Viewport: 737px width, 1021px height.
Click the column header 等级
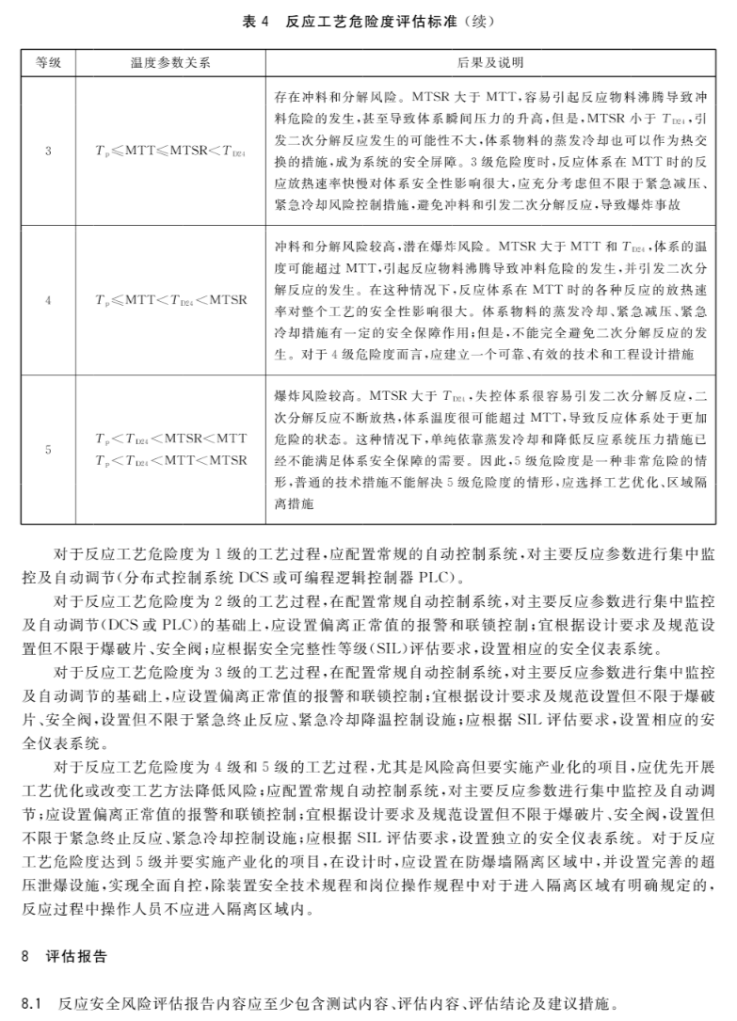point(48,62)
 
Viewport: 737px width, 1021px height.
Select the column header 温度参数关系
point(170,62)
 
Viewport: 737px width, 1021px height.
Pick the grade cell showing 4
point(48,300)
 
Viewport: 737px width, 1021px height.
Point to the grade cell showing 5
point(48,450)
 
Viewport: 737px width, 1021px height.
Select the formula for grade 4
point(170,300)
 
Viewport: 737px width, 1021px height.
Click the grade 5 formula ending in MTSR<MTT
point(170,439)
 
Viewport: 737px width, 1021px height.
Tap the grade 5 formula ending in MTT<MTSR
point(170,460)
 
